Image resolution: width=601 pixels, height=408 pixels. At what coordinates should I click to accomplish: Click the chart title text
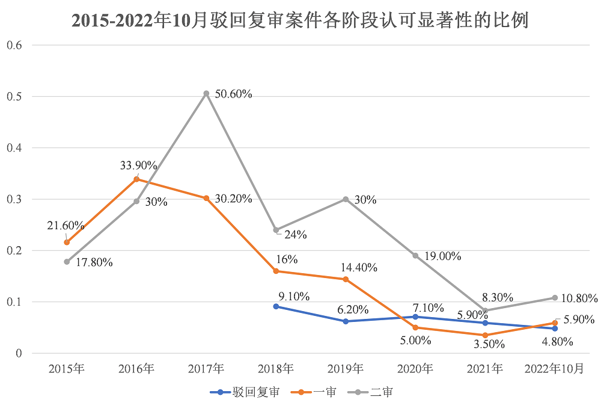(300, 20)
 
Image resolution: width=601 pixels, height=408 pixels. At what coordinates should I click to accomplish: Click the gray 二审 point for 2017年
(206, 93)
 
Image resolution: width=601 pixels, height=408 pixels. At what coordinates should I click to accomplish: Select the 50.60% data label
(234, 94)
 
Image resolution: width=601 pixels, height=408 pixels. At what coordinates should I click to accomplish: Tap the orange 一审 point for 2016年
(136, 179)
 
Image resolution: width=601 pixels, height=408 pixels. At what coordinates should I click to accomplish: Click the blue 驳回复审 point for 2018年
(276, 306)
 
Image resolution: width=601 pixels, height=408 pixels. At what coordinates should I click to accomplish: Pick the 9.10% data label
(294, 296)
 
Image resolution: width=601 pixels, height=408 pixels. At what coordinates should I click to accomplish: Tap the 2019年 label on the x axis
(346, 369)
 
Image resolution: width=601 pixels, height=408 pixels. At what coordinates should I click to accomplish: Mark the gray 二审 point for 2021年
(485, 311)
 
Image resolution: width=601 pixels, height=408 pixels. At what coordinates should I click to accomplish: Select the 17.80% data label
(95, 262)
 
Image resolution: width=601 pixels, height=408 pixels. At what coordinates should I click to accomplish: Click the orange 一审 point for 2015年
(67, 242)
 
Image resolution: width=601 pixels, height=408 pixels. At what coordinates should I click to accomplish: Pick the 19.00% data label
(442, 256)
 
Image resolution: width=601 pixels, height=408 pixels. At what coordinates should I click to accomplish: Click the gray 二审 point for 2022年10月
(555, 298)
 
